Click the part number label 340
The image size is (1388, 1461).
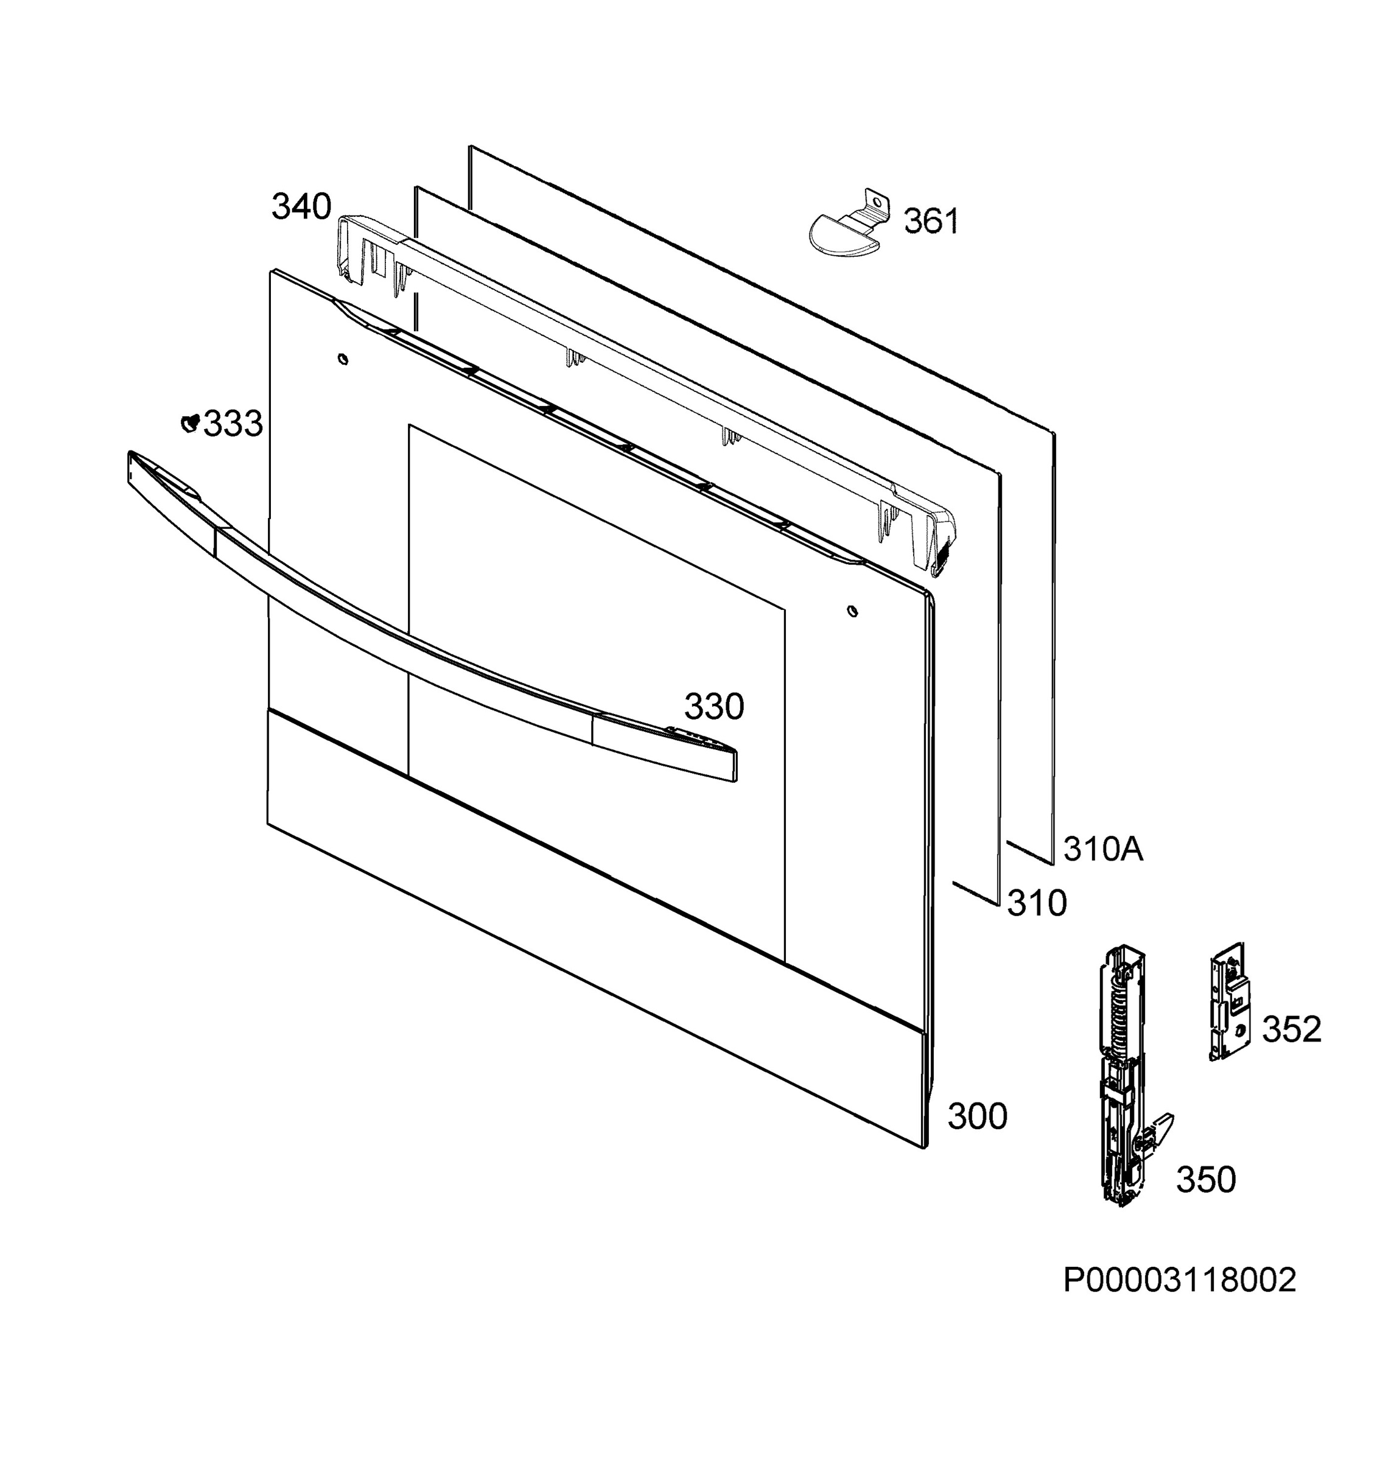[x=301, y=207]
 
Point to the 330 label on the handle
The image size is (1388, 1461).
[x=714, y=707]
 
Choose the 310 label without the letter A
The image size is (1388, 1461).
[x=1037, y=903]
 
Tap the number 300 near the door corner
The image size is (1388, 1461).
[x=977, y=1117]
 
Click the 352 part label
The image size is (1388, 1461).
[x=1292, y=1030]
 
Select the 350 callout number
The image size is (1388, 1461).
[x=1206, y=1180]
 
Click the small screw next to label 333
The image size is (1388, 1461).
[x=190, y=422]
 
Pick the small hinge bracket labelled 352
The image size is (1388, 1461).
[x=1229, y=1001]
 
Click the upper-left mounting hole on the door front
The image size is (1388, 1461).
[x=343, y=360]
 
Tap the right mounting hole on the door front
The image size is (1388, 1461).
[x=852, y=612]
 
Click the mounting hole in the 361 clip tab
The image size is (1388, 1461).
[x=877, y=200]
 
